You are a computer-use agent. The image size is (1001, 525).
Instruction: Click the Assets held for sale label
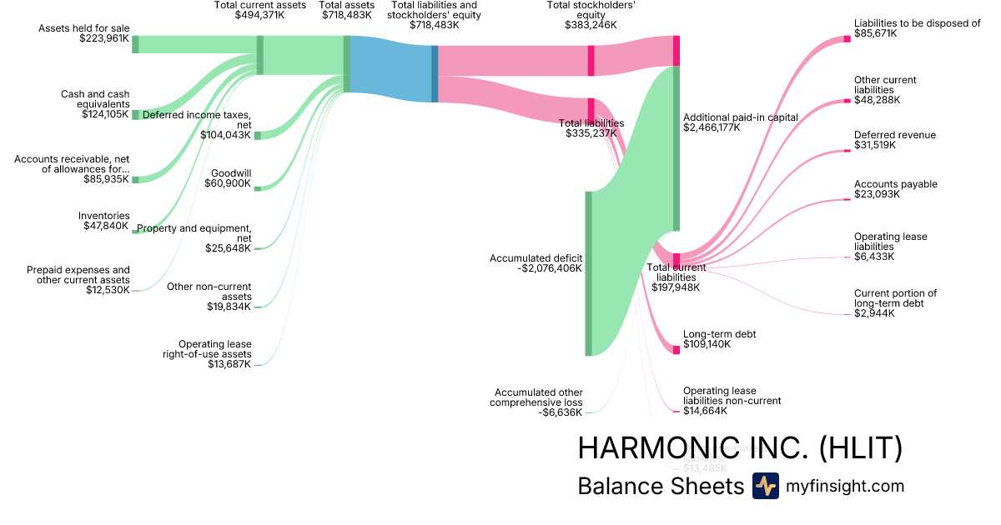tap(83, 33)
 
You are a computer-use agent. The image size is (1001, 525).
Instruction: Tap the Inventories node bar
tap(135, 231)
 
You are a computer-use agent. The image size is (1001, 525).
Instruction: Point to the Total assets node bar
tap(346, 63)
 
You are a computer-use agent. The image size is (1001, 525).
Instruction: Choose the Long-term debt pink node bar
tap(677, 350)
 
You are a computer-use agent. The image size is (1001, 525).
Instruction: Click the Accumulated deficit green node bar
tap(588, 273)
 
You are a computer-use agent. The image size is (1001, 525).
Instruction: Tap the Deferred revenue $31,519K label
tap(894, 140)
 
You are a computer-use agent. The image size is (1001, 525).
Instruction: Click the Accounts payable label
tap(895, 189)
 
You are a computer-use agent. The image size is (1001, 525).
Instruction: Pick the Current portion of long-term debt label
tap(895, 302)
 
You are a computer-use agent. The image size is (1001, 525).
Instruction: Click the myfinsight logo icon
tap(765, 486)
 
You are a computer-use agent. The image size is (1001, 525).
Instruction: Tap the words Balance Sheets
tap(660, 486)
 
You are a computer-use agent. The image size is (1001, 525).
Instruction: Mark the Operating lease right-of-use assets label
tap(214, 353)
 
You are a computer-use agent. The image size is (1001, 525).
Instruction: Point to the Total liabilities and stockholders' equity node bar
tap(435, 73)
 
